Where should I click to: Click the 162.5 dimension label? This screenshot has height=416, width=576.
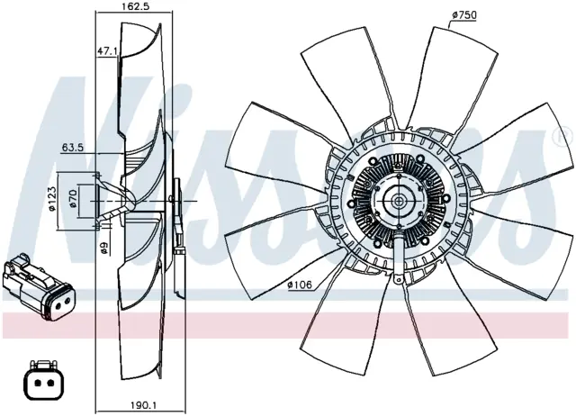[x=133, y=6]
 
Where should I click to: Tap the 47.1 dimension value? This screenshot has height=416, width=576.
[x=106, y=51]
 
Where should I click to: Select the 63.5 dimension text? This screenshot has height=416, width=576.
[x=73, y=148]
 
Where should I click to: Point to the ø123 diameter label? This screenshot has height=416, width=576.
[x=52, y=198]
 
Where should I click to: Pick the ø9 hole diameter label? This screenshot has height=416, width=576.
[x=104, y=249]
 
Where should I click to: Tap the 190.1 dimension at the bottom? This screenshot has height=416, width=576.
[x=144, y=405]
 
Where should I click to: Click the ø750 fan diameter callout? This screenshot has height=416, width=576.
[x=464, y=15]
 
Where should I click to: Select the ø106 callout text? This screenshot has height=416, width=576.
[x=300, y=285]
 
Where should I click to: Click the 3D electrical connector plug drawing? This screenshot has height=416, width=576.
[x=38, y=287]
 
